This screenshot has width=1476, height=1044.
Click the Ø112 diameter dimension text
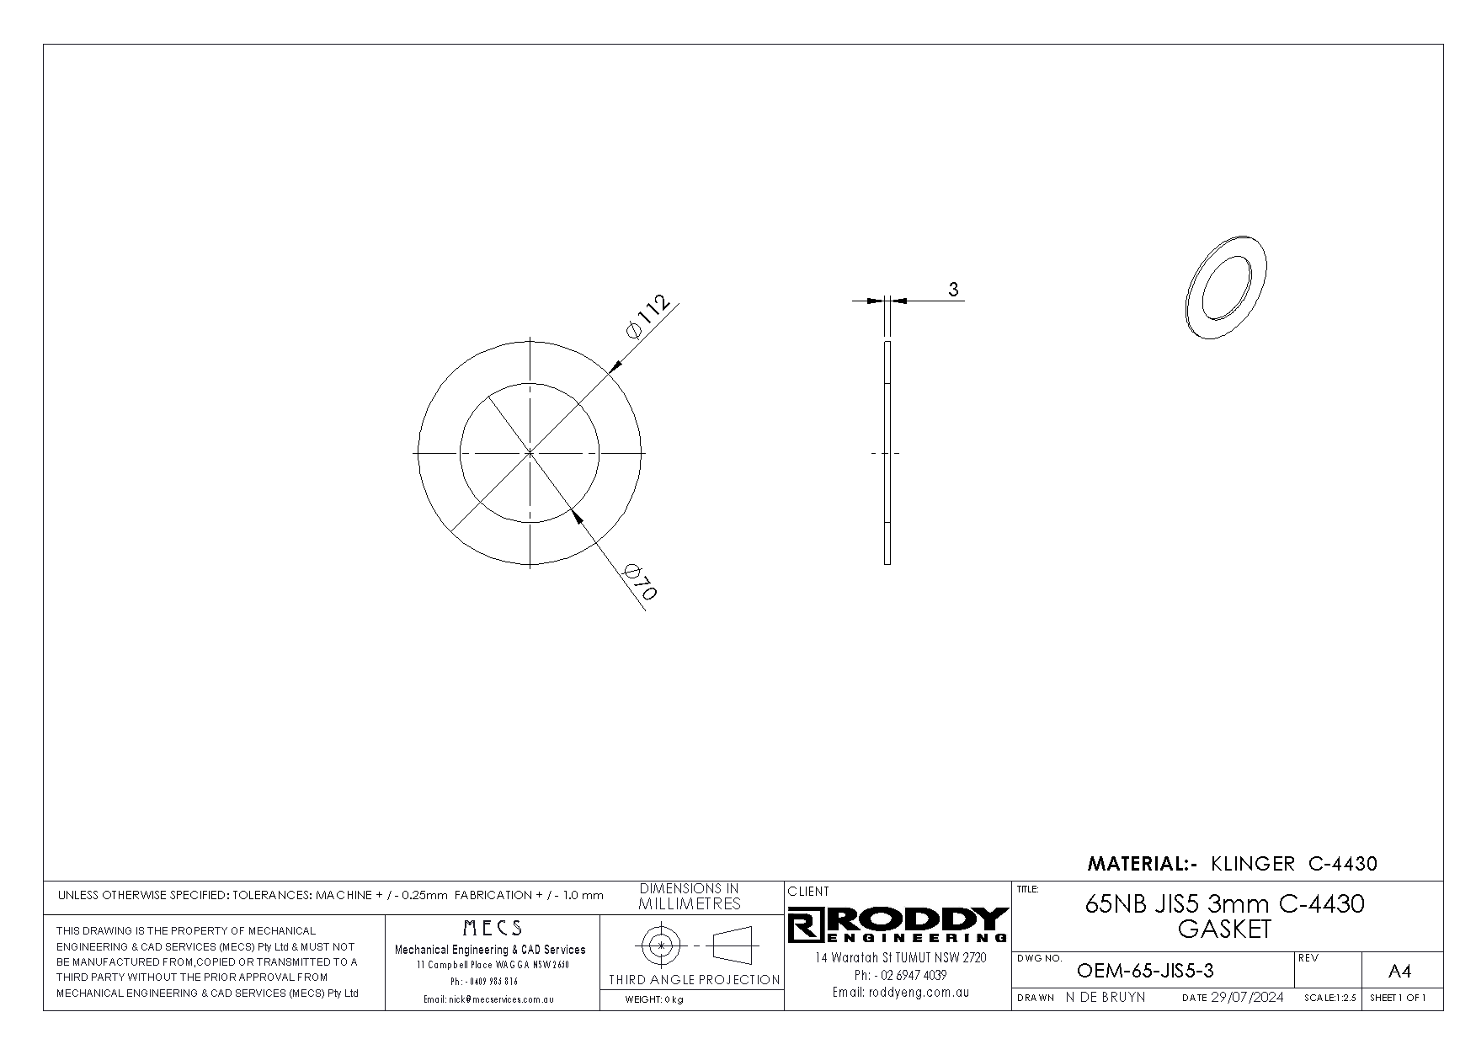point(648,317)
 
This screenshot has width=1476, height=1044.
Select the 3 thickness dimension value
point(953,290)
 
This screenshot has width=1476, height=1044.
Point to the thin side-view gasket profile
point(887,452)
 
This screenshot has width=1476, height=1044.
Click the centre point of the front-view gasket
point(530,453)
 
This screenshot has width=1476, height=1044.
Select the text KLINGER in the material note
point(1253,863)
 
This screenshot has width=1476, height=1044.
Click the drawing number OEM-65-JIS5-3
point(1145,971)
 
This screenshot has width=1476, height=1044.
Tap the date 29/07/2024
point(1247,998)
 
